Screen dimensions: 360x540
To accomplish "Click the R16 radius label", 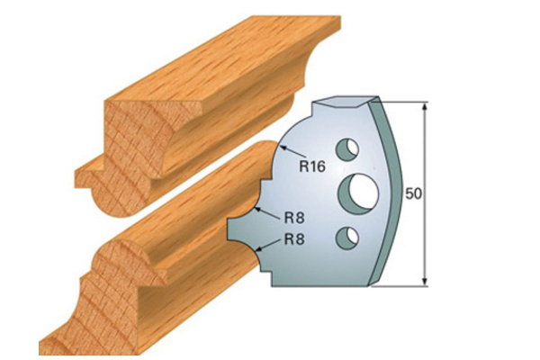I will click(312, 165).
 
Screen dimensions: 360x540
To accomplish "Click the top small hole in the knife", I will click(346, 147).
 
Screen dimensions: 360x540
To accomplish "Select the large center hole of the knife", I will click(358, 191).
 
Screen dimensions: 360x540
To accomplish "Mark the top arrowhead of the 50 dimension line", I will click(423, 106).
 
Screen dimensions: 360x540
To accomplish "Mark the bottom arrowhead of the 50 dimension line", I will click(423, 283).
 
